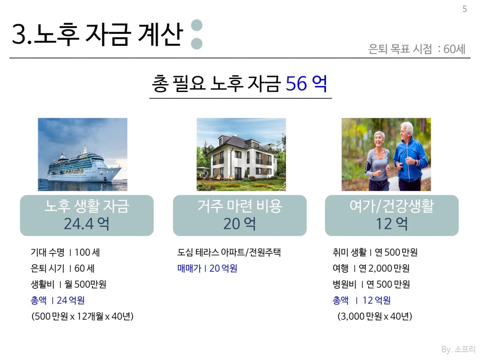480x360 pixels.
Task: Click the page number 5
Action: (465, 9)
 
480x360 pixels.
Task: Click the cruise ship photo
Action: (82, 154)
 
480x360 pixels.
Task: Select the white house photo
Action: (241, 154)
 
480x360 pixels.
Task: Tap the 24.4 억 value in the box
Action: (86, 224)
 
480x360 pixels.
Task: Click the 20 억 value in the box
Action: (239, 224)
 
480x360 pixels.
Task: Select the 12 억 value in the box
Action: (392, 224)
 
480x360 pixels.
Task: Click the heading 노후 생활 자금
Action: (87, 206)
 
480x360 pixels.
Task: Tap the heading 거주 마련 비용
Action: (240, 206)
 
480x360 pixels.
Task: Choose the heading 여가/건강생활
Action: (392, 206)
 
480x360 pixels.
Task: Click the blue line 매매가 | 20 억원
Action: (207, 268)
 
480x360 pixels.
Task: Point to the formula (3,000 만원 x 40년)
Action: (375, 316)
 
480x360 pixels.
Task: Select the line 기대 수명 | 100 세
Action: (65, 252)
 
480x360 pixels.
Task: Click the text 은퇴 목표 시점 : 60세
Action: (416, 49)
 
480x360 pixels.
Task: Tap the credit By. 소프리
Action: (458, 349)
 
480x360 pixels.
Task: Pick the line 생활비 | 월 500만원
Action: (68, 284)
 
